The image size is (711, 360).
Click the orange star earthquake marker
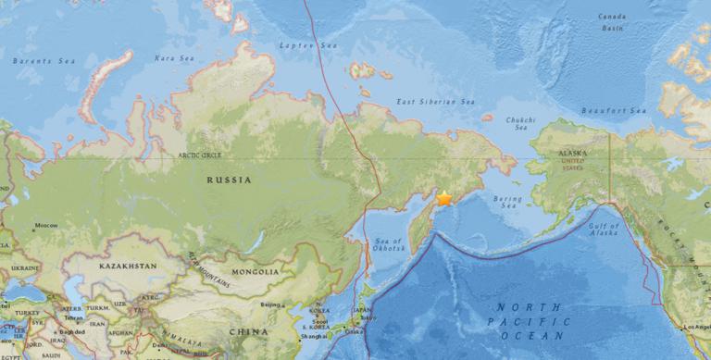pyautogui.click(x=444, y=199)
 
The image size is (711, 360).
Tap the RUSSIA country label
pyautogui.click(x=229, y=180)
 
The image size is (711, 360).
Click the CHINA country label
pyautogui.click(x=251, y=330)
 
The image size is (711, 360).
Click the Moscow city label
pyautogui.click(x=46, y=225)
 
